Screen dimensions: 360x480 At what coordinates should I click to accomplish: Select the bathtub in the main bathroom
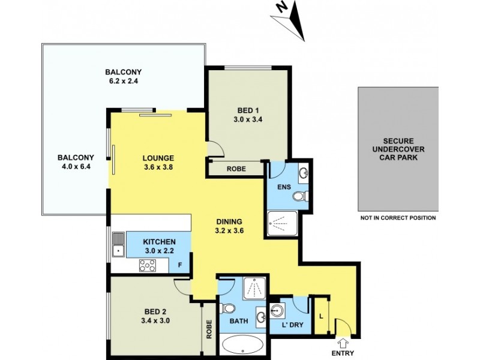pos(242,344)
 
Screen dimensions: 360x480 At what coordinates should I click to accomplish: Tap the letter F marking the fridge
pos(179,263)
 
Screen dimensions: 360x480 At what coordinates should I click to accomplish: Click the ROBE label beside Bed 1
pos(235,169)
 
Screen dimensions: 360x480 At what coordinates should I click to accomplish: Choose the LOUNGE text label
pos(158,158)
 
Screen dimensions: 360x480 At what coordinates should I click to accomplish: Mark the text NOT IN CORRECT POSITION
pos(397,218)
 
